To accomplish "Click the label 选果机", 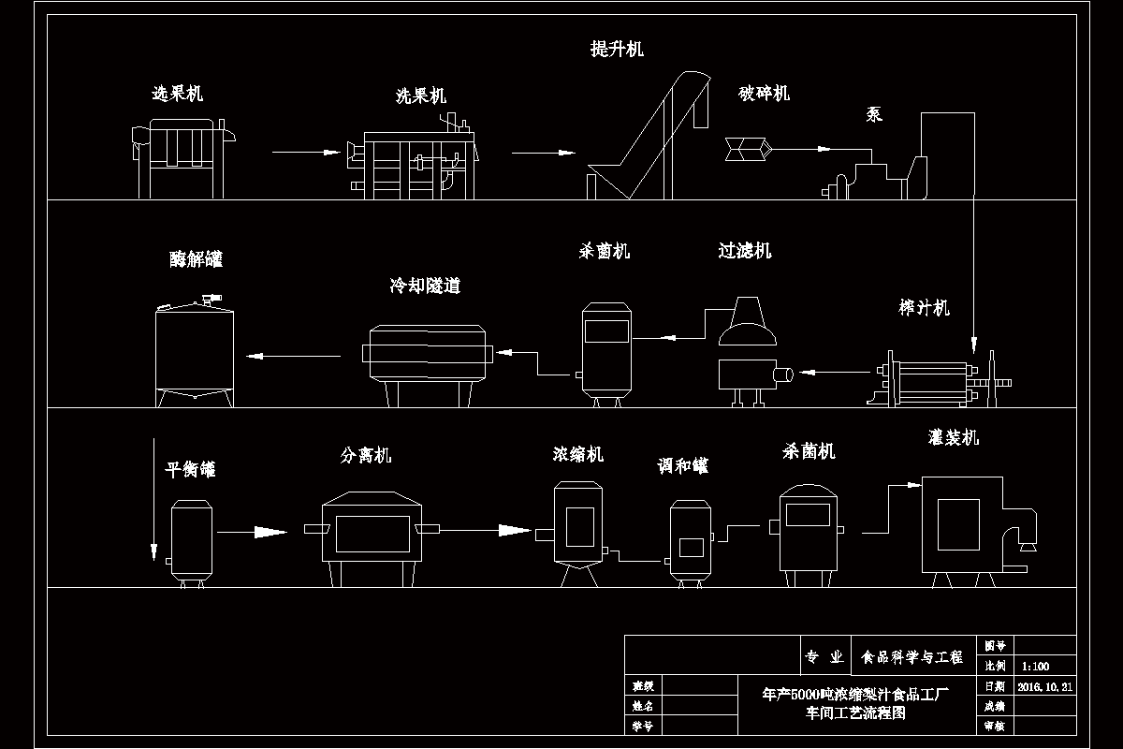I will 177,94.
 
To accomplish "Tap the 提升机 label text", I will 617,50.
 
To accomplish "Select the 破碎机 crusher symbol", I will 746,147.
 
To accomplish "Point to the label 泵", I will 874,115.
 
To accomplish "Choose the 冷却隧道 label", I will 425,286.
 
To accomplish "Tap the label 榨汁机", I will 924,308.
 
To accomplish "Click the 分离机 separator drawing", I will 372,536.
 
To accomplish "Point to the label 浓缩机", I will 577,455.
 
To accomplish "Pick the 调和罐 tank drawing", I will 692,541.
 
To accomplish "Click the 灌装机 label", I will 953,437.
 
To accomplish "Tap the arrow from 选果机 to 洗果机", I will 304,152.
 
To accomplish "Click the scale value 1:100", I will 1036,668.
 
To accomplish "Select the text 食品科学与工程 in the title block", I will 912,658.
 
